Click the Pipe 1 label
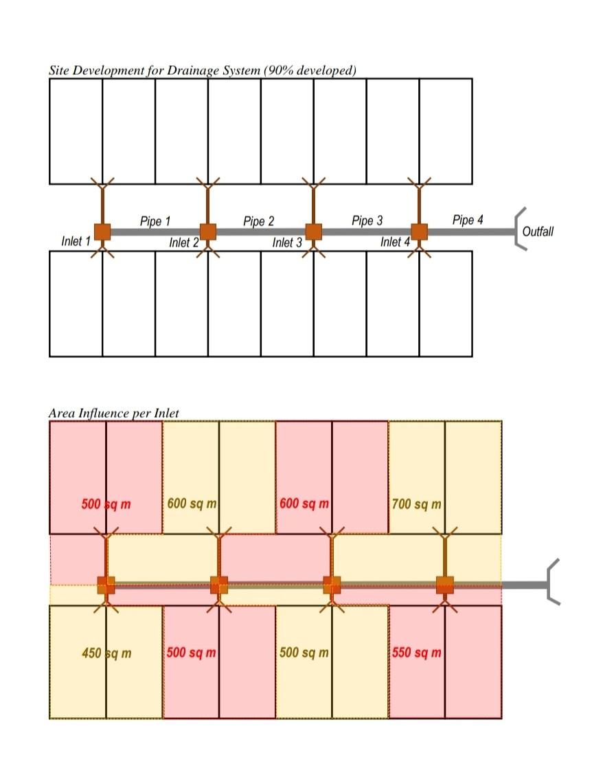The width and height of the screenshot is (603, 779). coord(155,221)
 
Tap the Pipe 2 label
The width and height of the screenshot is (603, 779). coord(258,221)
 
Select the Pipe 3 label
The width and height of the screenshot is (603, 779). coord(367,221)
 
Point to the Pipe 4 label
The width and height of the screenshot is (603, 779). coord(468,220)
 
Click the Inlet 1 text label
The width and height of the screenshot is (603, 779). coord(76,241)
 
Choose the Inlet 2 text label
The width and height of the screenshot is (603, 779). coord(184,242)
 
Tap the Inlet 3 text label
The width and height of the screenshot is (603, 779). coord(287,242)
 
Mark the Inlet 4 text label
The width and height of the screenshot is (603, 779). coord(396,242)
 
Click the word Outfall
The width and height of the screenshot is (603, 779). coord(538,232)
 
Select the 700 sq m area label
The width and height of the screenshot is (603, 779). coord(416,504)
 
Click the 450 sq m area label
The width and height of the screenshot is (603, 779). coord(106,653)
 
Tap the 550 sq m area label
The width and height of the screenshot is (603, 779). coord(416,653)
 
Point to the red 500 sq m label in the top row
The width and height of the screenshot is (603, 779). coord(106,504)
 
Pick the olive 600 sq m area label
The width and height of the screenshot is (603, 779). coord(192,504)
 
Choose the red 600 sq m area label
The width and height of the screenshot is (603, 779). coord(304,504)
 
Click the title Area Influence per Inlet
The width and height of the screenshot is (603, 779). coord(114,413)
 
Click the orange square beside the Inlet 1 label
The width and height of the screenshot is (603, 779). coord(102,232)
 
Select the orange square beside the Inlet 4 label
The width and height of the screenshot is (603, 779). coord(419,232)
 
